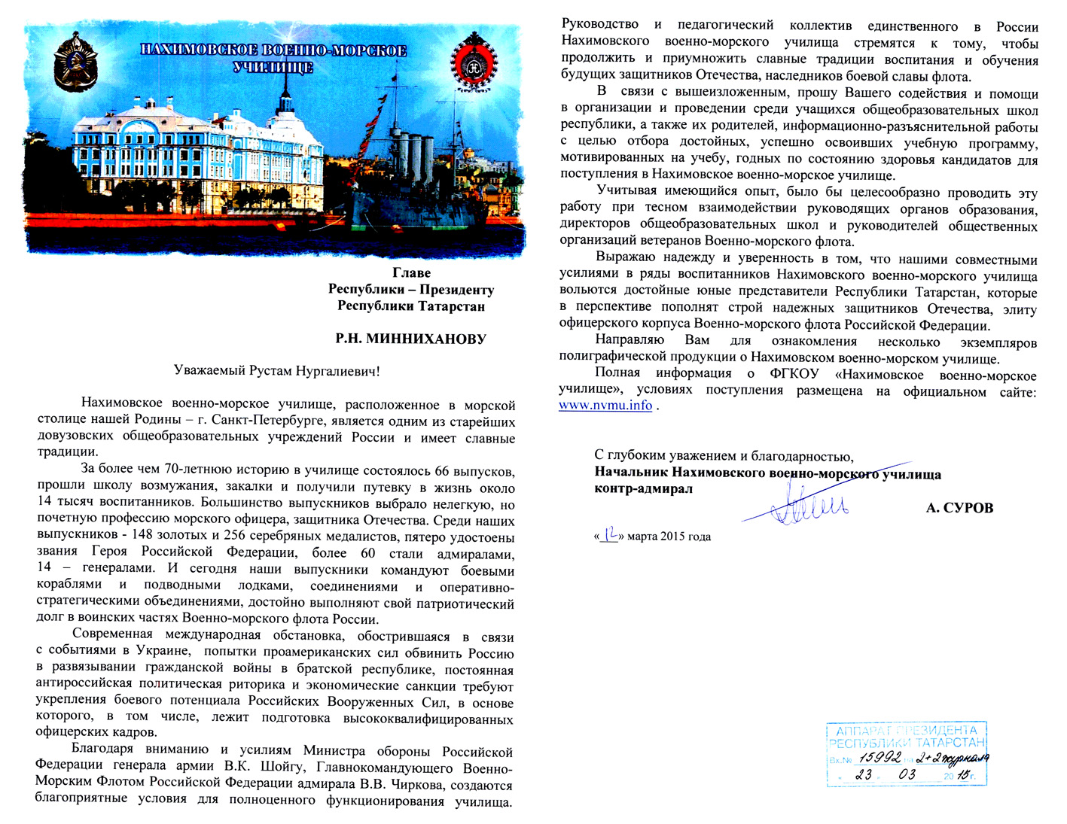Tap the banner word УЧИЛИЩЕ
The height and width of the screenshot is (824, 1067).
[273, 68]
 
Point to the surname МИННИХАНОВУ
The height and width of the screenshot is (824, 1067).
[425, 339]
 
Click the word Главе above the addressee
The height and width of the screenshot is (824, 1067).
[411, 272]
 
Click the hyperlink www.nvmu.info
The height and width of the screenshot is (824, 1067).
[605, 406]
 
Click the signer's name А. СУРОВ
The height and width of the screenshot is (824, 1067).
[959, 508]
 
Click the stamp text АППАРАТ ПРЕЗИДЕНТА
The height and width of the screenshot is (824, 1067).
[907, 730]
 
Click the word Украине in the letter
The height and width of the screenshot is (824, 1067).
[166, 652]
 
